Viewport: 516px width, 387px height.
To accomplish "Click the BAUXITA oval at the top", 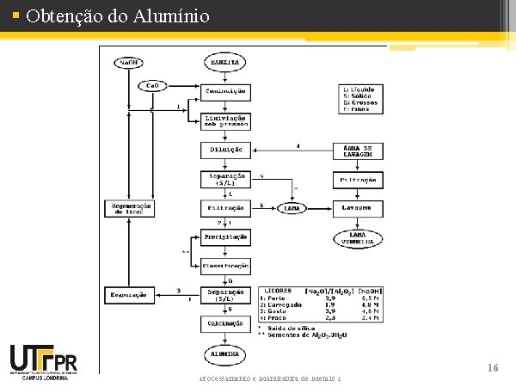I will pyautogui.click(x=226, y=62).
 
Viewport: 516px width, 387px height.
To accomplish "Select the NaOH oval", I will pyautogui.click(x=128, y=62).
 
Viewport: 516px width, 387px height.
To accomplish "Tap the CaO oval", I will pyautogui.click(x=151, y=86).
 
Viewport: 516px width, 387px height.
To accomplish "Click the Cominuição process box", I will pyautogui.click(x=226, y=90).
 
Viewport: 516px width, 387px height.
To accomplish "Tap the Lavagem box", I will pyautogui.click(x=358, y=208).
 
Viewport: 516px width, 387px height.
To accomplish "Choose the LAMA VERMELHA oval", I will pyautogui.click(x=358, y=238).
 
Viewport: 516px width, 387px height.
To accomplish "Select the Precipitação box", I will pyautogui.click(x=226, y=236).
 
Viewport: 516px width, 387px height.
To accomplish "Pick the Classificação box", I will pyautogui.click(x=226, y=265).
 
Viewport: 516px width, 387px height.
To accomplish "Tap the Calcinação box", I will pyautogui.click(x=226, y=323).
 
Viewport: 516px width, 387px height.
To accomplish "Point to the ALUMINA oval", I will pyautogui.click(x=226, y=353).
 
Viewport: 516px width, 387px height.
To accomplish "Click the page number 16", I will pyautogui.click(x=493, y=367).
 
